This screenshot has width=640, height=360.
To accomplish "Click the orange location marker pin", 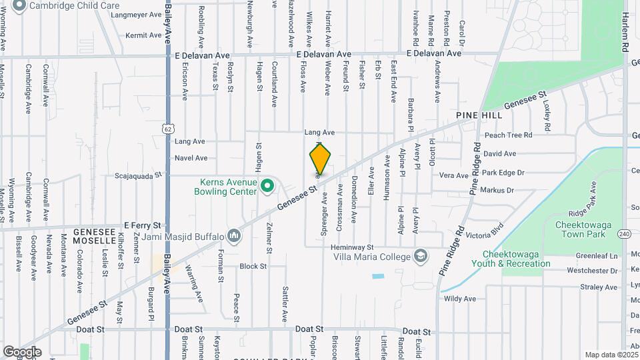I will click(320, 159).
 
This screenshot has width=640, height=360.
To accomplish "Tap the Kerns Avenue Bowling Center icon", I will click(267, 185).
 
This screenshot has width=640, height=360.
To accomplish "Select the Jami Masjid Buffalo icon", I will click(234, 236).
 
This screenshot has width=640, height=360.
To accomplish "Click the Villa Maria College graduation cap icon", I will click(421, 256).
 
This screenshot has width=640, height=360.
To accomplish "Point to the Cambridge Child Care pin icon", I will click(19, 5).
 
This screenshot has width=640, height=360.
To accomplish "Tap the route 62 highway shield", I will click(167, 127).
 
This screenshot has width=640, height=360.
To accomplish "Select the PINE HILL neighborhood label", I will click(479, 115).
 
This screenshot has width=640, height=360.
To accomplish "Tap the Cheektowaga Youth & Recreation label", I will click(517, 259).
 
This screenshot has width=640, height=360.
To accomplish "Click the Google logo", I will click(22, 351).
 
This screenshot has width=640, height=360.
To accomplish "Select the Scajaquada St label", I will click(139, 175).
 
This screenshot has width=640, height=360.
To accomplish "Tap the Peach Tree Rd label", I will click(508, 135).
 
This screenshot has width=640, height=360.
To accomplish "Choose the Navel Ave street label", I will click(191, 158).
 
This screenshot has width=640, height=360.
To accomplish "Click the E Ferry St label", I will click(143, 225).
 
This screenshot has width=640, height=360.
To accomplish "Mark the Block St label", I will click(253, 266).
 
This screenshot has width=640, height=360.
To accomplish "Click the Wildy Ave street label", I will click(459, 299).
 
